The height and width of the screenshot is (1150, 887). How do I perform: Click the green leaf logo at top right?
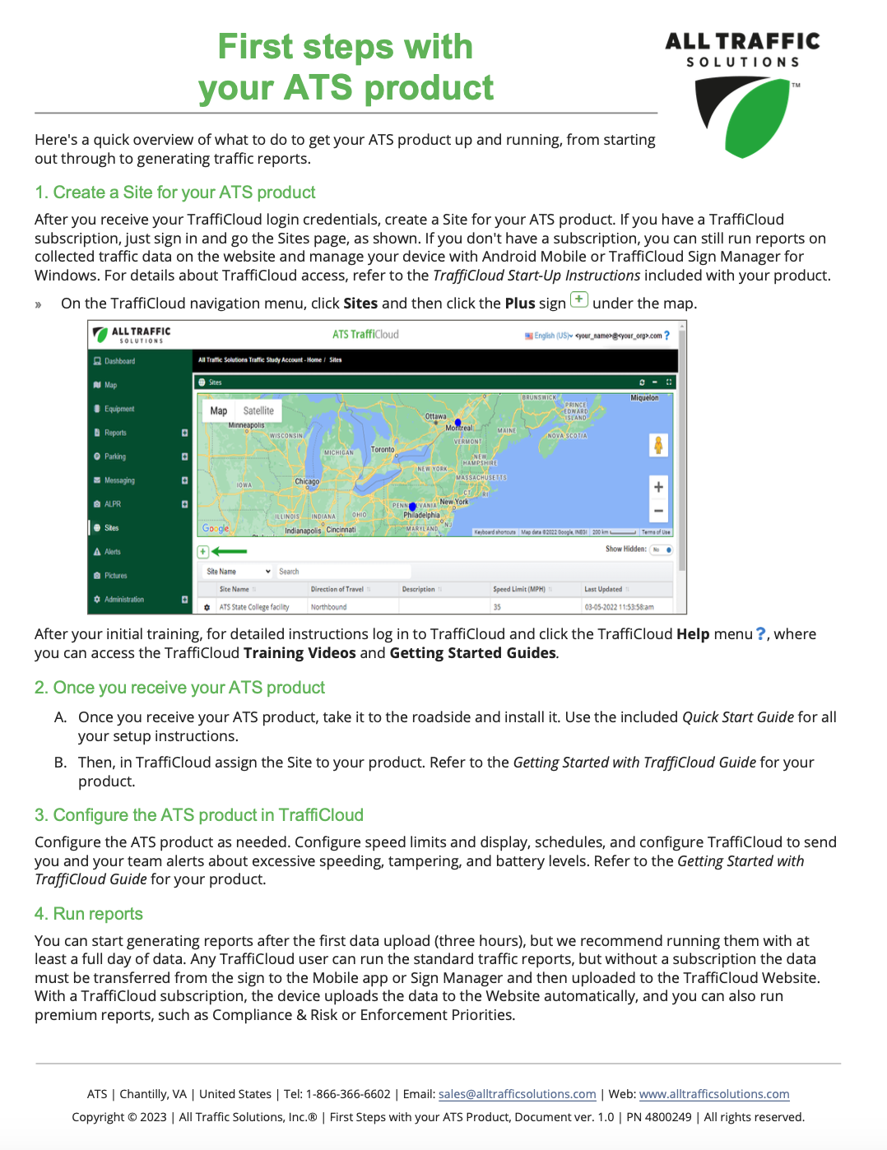745,116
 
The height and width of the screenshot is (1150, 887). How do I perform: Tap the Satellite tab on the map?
258,410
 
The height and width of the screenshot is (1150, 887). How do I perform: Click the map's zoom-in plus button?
658,487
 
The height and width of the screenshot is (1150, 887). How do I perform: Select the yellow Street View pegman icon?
658,445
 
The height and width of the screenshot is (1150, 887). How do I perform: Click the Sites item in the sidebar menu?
111,528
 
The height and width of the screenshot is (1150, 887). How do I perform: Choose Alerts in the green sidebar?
113,552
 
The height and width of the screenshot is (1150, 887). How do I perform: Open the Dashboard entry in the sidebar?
119,361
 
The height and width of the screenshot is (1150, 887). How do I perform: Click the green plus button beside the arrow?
203,551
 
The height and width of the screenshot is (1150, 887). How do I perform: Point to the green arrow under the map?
230,551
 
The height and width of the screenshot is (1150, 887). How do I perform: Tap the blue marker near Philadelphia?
412,507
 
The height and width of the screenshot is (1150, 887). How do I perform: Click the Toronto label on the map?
383,450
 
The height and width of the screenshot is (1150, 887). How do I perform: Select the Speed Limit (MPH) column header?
519,589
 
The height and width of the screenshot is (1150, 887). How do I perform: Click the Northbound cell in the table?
328,607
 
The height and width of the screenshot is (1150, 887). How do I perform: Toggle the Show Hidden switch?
662,549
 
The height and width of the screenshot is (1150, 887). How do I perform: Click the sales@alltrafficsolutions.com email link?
517,1094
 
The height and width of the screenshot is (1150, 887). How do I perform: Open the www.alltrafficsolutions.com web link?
714,1094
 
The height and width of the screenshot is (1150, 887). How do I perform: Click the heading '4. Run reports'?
89,914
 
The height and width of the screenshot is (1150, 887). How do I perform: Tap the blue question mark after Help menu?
761,634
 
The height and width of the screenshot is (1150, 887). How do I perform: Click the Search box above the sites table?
342,572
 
